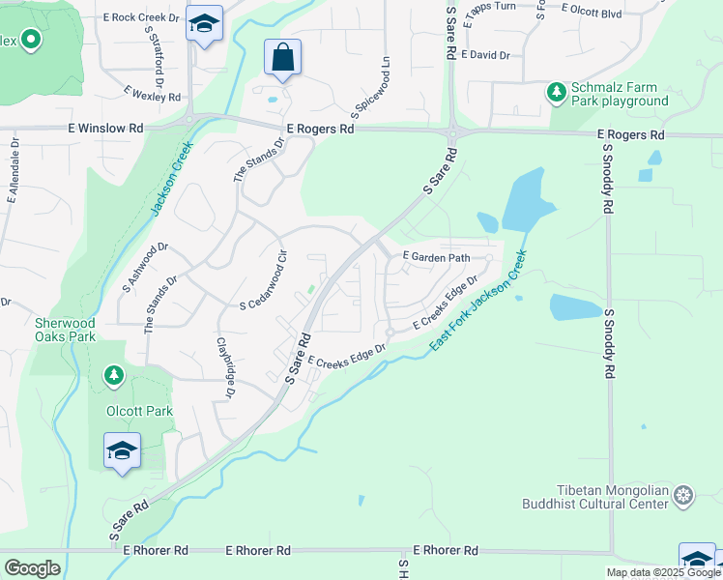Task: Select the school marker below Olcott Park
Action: [x=123, y=451]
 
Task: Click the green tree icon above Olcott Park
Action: [x=114, y=374]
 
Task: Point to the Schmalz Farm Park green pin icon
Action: [x=556, y=92]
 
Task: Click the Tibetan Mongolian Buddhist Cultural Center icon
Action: [x=684, y=496]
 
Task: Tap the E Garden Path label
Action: [x=436, y=257]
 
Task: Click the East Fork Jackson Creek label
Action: [x=479, y=301]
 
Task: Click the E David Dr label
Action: [x=486, y=55]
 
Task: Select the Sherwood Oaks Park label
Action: [x=66, y=330]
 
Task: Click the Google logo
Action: [x=32, y=568]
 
